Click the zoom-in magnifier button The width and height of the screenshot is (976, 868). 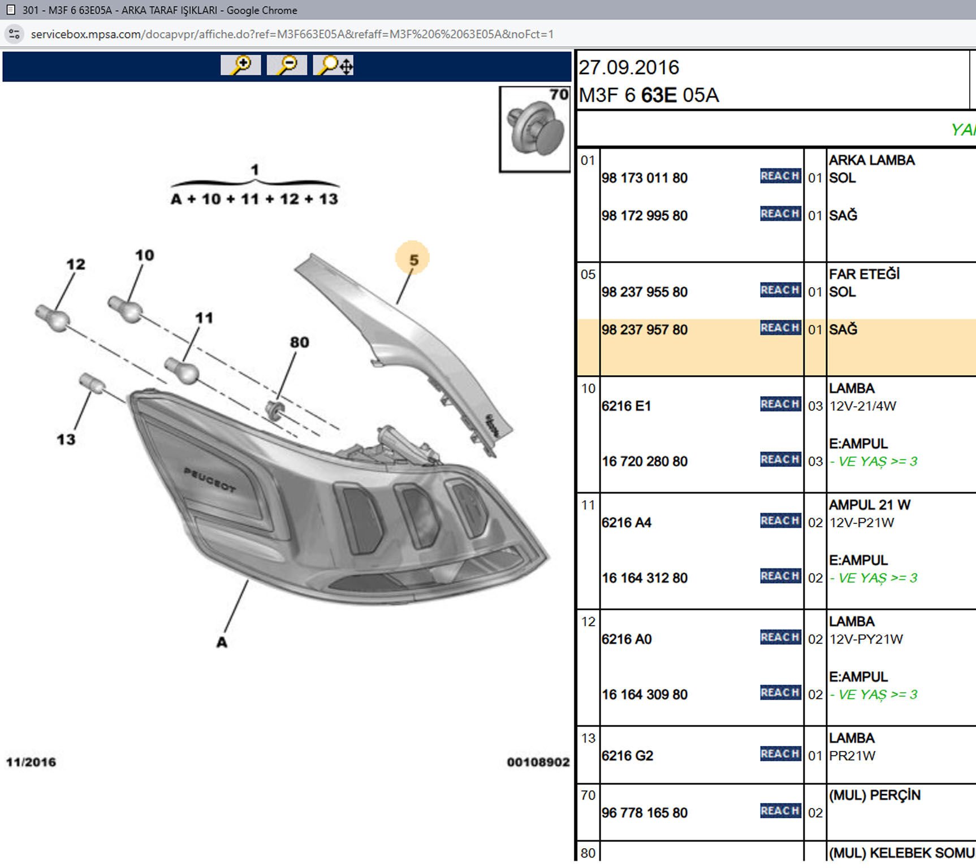click(x=241, y=65)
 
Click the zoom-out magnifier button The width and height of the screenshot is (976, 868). click(x=287, y=65)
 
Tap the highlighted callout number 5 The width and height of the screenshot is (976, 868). click(x=413, y=259)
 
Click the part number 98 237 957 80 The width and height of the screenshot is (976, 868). click(x=644, y=329)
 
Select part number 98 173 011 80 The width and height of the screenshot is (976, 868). click(x=644, y=178)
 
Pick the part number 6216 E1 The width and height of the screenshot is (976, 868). click(x=626, y=406)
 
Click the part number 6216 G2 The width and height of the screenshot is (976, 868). click(x=627, y=756)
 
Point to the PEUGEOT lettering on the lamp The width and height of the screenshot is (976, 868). click(x=209, y=479)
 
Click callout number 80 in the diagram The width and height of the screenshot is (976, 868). click(x=299, y=342)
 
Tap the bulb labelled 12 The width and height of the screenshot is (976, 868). click(x=53, y=318)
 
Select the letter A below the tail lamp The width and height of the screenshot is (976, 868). click(x=222, y=642)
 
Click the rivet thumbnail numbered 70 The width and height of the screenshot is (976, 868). click(x=534, y=129)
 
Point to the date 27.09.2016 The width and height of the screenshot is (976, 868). click(x=628, y=68)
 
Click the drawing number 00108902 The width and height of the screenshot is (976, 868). click(x=538, y=762)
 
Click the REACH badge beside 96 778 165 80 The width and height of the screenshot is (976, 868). click(x=780, y=811)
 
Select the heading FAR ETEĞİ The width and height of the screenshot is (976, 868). click(x=864, y=274)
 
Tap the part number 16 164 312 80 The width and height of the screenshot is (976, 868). click(x=644, y=578)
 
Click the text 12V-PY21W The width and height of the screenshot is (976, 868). click(x=866, y=639)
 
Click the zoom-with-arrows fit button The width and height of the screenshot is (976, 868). click(x=334, y=65)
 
